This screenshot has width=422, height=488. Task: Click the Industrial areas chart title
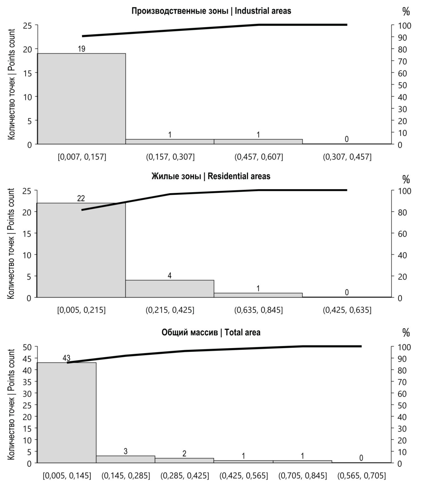pos(211,11)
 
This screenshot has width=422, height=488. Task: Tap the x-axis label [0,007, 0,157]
pos(82,157)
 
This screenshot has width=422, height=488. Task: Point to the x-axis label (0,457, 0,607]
pos(258,157)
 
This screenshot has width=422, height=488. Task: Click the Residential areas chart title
pos(211,176)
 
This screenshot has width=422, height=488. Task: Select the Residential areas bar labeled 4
pos(170,289)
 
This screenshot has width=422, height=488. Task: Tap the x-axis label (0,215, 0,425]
pos(170,310)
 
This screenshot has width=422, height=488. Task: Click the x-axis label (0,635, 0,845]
pos(258,310)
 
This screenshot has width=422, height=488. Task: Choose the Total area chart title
pos(211,332)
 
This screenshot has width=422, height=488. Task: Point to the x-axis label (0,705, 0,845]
pos(302,476)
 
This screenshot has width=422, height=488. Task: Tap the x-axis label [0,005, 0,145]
pos(67,476)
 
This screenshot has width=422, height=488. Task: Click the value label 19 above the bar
pos(81,49)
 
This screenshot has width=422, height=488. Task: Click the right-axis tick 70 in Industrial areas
pos(402,61)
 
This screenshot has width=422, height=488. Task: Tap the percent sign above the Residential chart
pos(406,179)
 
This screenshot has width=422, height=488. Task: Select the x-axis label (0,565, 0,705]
pos(361,476)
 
